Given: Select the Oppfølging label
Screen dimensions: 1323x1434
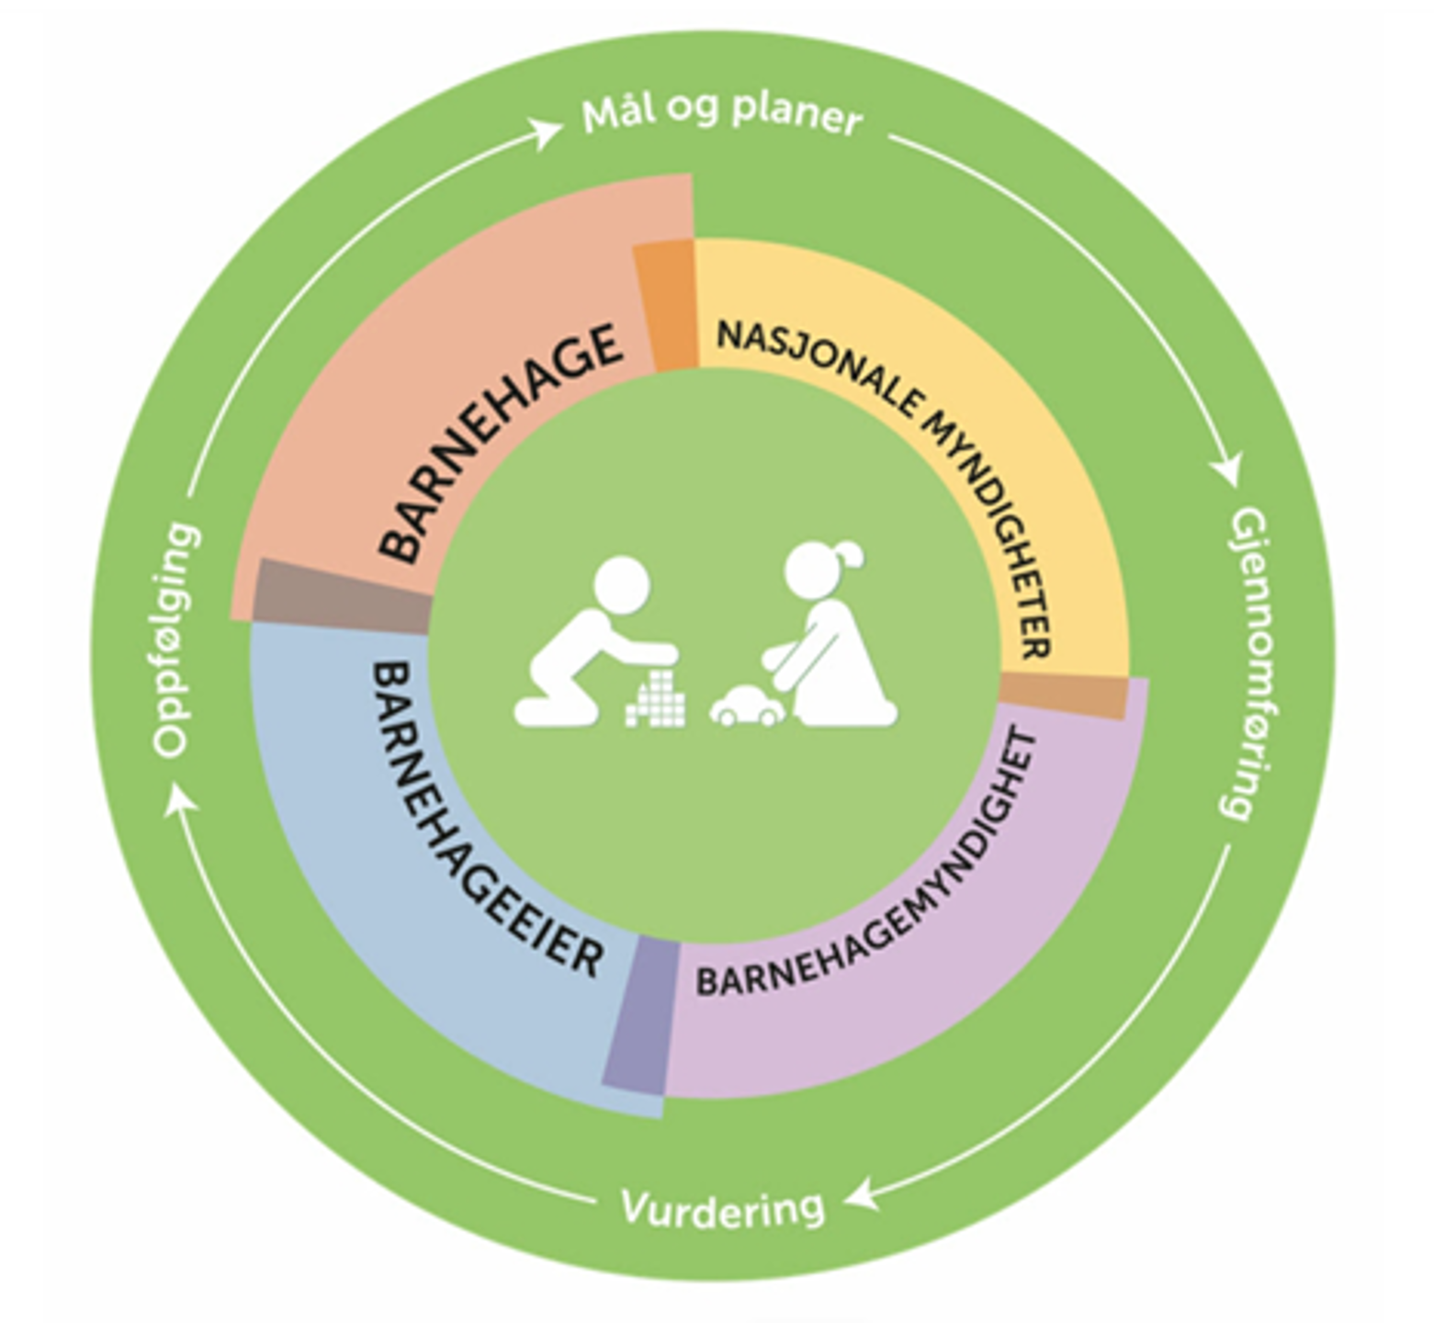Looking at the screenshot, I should point(175,640).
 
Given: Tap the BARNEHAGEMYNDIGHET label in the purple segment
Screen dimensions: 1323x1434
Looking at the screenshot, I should point(882,882).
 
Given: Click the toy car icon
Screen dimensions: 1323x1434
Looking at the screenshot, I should point(746,706).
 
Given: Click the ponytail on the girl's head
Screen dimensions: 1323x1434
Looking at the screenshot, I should point(850,554).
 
